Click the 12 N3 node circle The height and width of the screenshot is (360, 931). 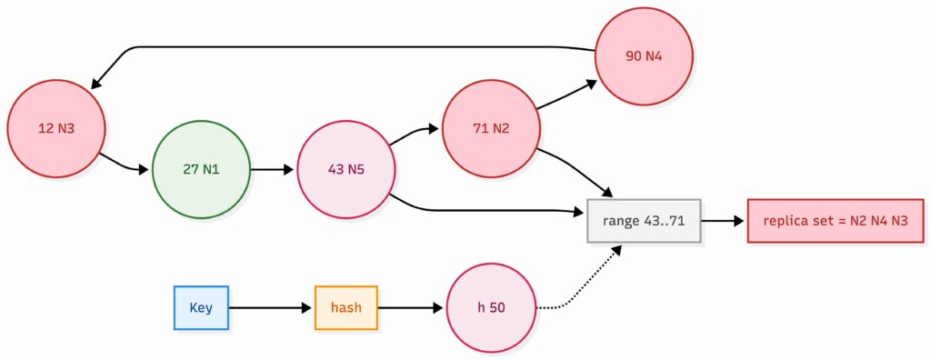point(55,128)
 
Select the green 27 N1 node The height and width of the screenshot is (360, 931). point(201,169)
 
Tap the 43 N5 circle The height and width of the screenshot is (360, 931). point(346,169)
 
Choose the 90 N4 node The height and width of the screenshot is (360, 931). point(645,56)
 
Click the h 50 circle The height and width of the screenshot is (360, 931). point(491,307)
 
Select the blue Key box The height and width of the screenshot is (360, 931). point(201,307)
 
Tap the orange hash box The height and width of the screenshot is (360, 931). point(345,307)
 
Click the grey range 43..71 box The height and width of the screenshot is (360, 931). point(645,221)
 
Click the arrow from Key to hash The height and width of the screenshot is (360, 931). point(270,307)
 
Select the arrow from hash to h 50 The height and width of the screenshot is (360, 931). point(411,307)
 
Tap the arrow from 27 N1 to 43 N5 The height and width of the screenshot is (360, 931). point(273,169)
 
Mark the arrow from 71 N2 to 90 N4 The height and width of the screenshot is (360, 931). point(566,95)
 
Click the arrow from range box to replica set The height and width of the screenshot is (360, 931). point(724,221)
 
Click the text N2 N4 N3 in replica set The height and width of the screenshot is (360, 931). point(873,221)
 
